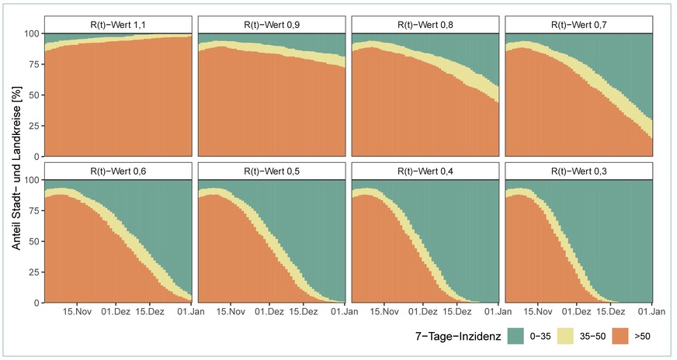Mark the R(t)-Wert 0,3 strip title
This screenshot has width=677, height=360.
(x=578, y=171)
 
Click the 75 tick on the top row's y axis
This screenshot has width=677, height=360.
(x=31, y=64)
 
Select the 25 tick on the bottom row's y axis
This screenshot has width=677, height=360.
(x=31, y=272)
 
